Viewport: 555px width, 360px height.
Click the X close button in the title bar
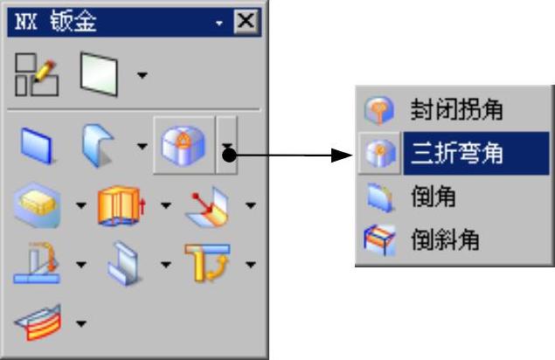(247, 22)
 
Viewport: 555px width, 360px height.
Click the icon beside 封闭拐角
(379, 110)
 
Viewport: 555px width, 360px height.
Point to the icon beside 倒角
(379, 197)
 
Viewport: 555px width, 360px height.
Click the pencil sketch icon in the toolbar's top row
(37, 74)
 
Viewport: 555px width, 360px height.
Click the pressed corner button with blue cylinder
(183, 144)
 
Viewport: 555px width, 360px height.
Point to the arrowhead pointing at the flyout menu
(343, 156)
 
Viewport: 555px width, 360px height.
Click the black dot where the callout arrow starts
(229, 156)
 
